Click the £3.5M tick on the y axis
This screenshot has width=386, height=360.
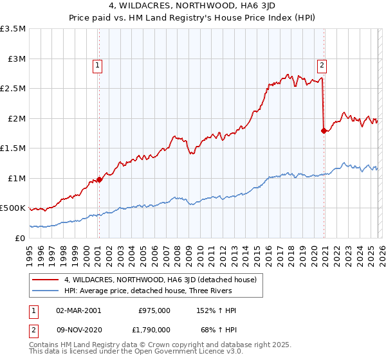point(13,29)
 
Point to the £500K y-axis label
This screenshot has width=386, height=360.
point(13,208)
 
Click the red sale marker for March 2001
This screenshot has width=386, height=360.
point(99,179)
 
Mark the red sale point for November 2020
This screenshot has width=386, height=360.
point(324,130)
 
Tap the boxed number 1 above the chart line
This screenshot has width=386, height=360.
point(97,64)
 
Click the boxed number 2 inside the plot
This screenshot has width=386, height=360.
point(321,64)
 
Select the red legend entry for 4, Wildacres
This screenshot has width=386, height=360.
point(160,280)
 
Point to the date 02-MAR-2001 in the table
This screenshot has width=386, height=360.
point(78,310)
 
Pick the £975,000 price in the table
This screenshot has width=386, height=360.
point(154,310)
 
